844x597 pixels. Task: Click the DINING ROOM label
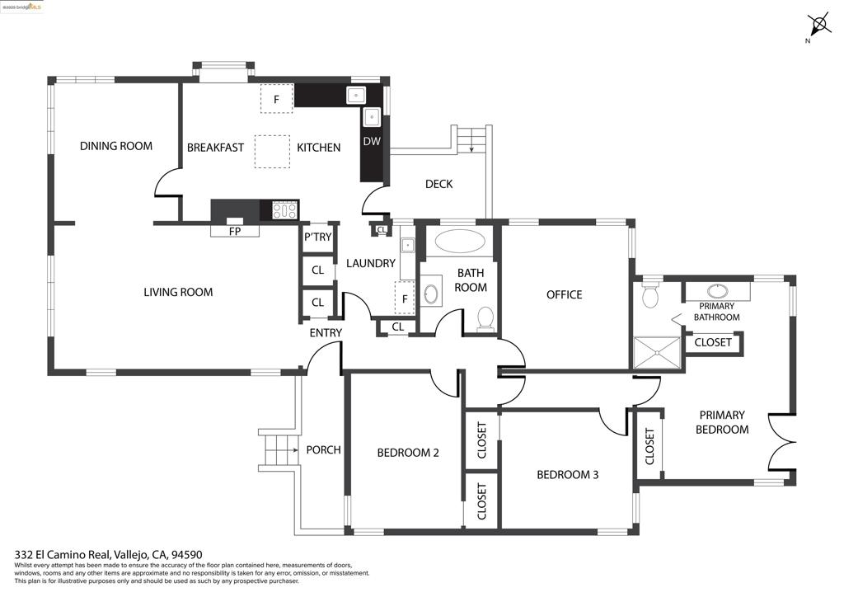115,146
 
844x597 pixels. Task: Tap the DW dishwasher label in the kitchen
372,141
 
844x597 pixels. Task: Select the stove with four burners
285,210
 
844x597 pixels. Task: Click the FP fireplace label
235,232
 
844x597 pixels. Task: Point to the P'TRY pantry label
317,237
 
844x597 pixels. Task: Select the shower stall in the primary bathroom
657,353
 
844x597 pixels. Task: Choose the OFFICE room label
564,294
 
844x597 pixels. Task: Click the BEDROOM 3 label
567,475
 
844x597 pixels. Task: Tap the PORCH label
323,450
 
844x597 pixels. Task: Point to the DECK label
438,184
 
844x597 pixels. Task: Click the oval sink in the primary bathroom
718,291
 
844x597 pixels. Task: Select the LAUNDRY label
370,263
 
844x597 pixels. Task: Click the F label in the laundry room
405,299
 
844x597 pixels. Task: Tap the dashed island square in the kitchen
272,151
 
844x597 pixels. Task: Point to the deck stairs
471,139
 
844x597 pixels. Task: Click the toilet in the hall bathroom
485,317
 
